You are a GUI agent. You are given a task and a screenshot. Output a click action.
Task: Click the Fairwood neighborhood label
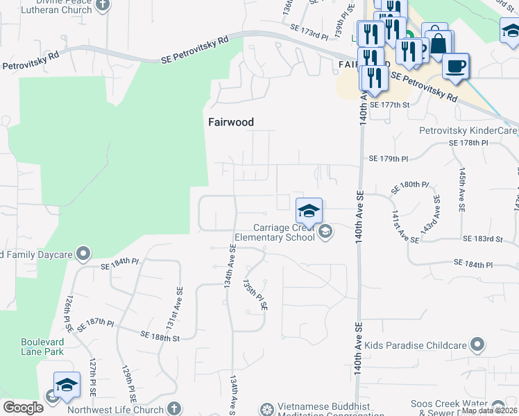231,122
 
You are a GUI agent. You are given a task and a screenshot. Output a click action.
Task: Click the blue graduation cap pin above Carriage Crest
309,210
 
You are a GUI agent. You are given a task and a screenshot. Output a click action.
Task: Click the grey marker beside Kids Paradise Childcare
477,345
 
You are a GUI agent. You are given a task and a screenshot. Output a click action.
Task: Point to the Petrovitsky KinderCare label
468,130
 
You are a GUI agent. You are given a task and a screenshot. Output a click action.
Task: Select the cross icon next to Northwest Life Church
173,409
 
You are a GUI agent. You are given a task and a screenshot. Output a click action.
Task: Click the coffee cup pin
456,67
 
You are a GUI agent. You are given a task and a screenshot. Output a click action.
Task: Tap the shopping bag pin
438,43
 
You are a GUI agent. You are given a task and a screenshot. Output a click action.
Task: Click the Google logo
23,408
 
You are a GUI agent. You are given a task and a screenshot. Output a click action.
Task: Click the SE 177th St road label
390,104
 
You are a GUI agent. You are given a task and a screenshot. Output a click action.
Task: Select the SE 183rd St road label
482,239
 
